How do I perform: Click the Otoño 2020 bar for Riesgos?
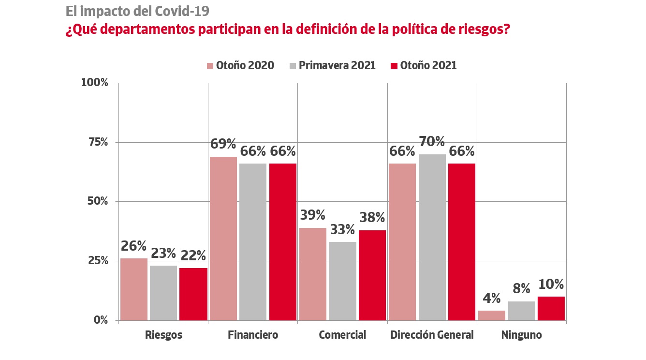[x=134, y=289]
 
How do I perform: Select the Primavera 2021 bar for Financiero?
[x=253, y=241]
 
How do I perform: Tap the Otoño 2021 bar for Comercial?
[x=372, y=275]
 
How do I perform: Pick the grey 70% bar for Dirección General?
[x=432, y=237]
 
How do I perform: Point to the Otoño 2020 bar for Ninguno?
[x=492, y=315]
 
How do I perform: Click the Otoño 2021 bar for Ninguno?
[x=551, y=308]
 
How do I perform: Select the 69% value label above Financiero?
[x=223, y=144]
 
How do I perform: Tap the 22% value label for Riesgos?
[x=193, y=255]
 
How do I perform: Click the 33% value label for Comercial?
[x=342, y=229]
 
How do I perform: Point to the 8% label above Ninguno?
[x=521, y=289]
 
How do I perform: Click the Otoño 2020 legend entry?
[x=240, y=65]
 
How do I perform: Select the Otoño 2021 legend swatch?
[x=394, y=66]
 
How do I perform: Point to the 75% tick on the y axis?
[x=98, y=142]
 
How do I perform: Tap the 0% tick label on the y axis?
[x=101, y=320]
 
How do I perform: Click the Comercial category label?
[x=342, y=335]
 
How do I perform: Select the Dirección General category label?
[x=432, y=335]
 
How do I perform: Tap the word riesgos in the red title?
[x=478, y=30]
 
